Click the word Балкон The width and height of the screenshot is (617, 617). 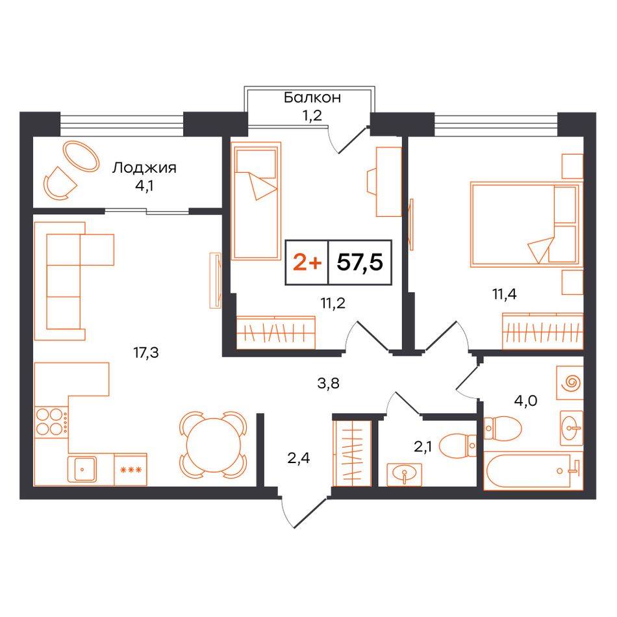click(x=312, y=97)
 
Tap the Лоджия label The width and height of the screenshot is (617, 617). click(x=144, y=168)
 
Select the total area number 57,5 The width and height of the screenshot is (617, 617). click(x=360, y=262)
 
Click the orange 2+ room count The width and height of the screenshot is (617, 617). click(x=307, y=262)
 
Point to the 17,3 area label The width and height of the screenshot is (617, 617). click(x=146, y=353)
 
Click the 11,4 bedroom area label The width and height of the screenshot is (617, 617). click(x=505, y=294)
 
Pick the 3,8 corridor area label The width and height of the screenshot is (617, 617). click(x=328, y=383)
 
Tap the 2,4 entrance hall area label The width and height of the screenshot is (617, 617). click(x=298, y=458)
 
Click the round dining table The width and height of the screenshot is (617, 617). click(x=213, y=445)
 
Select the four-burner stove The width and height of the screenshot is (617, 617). click(x=51, y=422)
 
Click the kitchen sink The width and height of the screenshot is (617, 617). click(x=82, y=469)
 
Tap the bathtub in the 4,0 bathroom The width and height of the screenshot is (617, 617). click(x=533, y=471)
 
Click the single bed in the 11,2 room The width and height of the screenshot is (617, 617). click(x=256, y=201)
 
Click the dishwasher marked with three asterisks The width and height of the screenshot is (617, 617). click(x=131, y=470)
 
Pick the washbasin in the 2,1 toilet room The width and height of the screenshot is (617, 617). click(x=405, y=474)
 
